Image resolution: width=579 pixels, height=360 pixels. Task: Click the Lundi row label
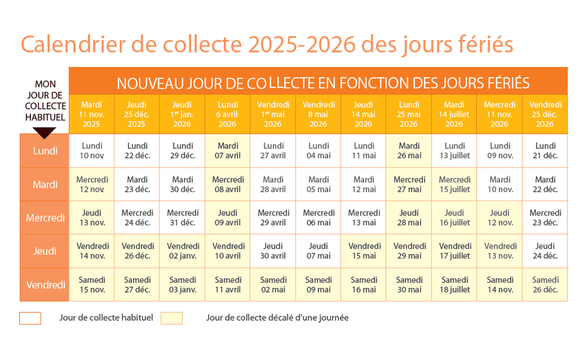click(45, 151)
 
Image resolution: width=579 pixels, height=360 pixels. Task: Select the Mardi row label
click(45, 184)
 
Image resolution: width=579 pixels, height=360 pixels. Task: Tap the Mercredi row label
click(45, 218)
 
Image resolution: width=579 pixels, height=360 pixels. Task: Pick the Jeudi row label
click(45, 251)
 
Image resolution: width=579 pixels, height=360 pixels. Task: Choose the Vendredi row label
click(45, 285)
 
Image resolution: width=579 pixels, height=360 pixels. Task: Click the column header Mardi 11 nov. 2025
click(91, 114)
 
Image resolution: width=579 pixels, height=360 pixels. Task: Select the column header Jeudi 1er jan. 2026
click(182, 114)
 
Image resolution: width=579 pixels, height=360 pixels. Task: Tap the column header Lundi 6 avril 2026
click(228, 114)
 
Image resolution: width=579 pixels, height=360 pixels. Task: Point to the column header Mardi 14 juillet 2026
click(454, 114)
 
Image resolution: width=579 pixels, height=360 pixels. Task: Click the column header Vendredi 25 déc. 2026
click(545, 114)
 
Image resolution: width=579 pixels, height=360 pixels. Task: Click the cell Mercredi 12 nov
click(92, 184)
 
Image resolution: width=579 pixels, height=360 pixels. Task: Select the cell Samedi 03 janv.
click(182, 285)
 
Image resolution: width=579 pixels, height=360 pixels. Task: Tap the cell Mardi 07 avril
click(228, 151)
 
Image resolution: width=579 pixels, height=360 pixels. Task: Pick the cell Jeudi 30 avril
click(273, 251)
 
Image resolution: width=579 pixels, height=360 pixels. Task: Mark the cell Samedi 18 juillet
click(454, 285)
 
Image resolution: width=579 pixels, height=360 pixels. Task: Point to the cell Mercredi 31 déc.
click(182, 218)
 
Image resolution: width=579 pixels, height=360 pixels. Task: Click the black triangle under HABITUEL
click(45, 132)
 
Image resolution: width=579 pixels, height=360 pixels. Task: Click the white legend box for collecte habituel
click(30, 318)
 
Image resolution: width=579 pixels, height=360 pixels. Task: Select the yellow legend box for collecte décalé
click(172, 318)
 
